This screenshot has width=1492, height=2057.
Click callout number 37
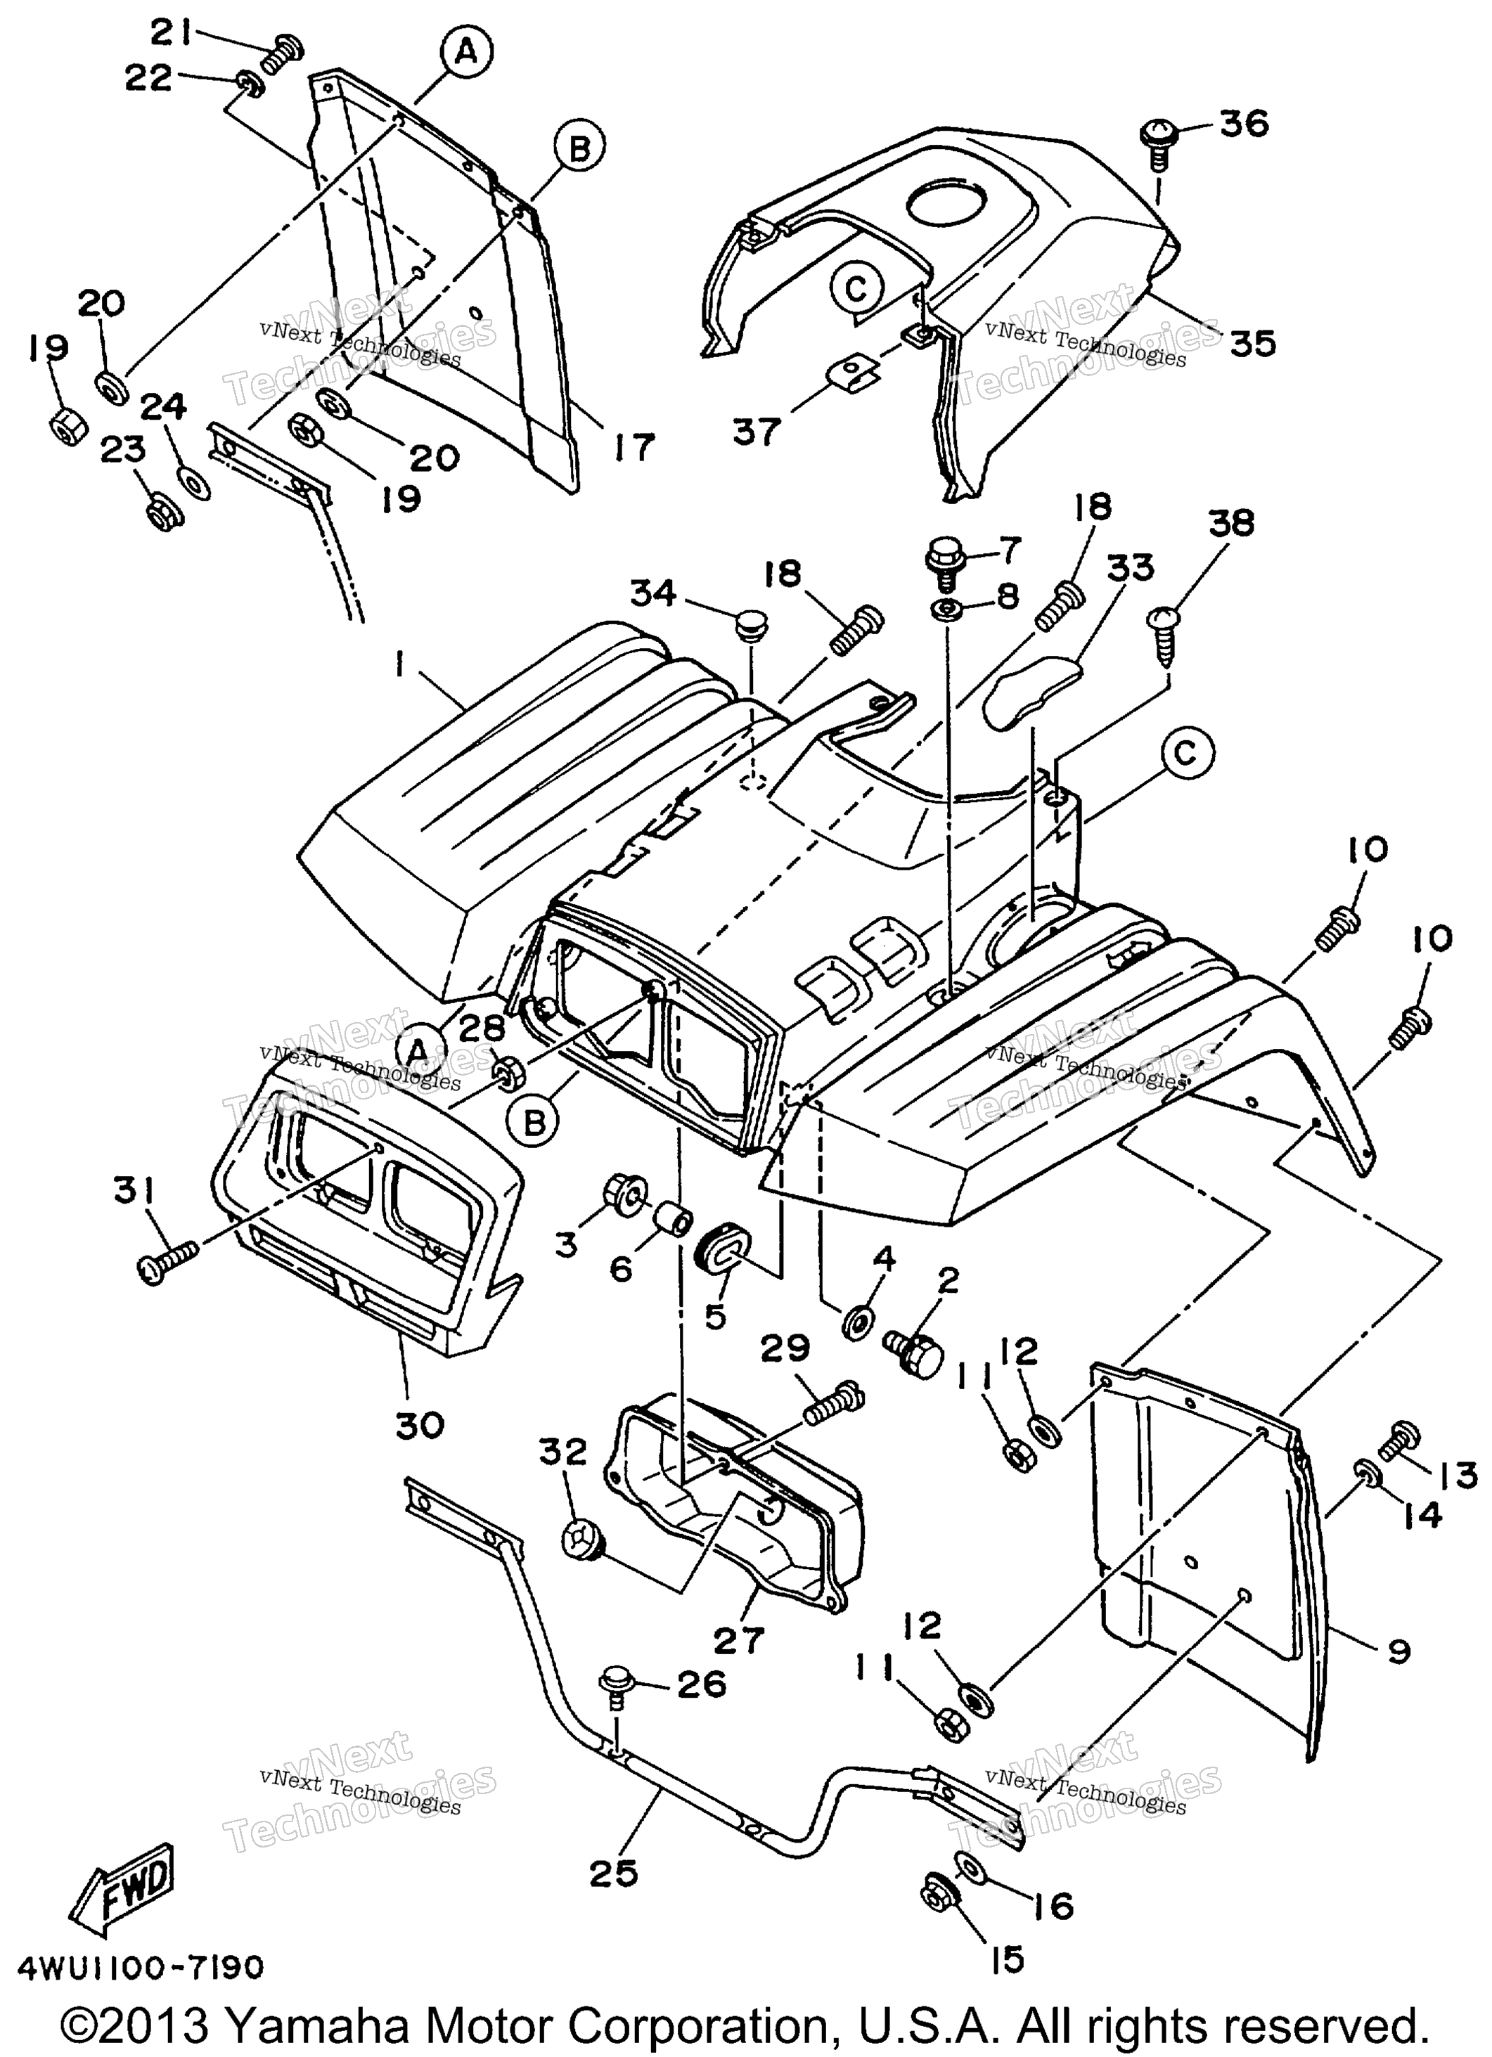(757, 431)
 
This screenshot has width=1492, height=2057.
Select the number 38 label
(1232, 522)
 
